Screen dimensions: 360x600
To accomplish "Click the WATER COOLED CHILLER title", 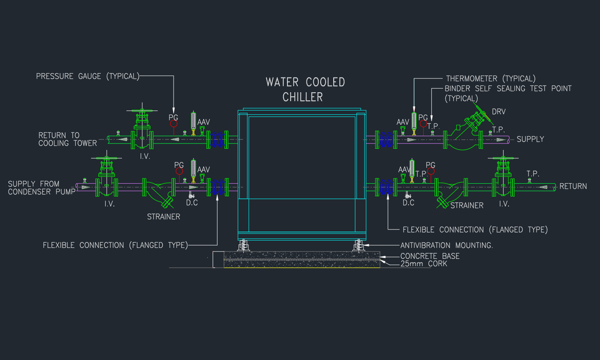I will point(305,89).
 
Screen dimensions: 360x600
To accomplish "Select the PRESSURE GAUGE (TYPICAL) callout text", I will point(87,76).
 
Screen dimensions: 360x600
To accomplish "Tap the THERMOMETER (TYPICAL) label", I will point(490,78).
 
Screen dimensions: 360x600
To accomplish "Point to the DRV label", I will point(498,112).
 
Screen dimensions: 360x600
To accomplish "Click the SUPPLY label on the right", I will point(530,139).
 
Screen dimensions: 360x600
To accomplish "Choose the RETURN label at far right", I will point(573,187).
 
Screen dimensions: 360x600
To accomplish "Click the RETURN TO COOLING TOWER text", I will point(67,139).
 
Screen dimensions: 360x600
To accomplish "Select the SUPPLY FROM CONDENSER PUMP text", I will point(41,188).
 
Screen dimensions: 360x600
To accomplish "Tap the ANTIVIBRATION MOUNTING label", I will point(446,245).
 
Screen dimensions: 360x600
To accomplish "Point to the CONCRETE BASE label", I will point(430,256).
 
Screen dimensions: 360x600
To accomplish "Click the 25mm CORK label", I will point(424,264).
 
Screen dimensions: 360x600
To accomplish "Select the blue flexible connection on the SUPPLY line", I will point(386,139).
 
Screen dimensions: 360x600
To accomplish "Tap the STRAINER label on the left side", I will point(163,217).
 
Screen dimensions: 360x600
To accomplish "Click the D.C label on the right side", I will point(408,203).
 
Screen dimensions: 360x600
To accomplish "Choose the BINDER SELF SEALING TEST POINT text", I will point(508,89).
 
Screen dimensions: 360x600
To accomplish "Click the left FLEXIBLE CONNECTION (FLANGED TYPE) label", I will point(115,245).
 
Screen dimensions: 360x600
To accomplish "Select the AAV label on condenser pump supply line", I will point(203,169).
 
